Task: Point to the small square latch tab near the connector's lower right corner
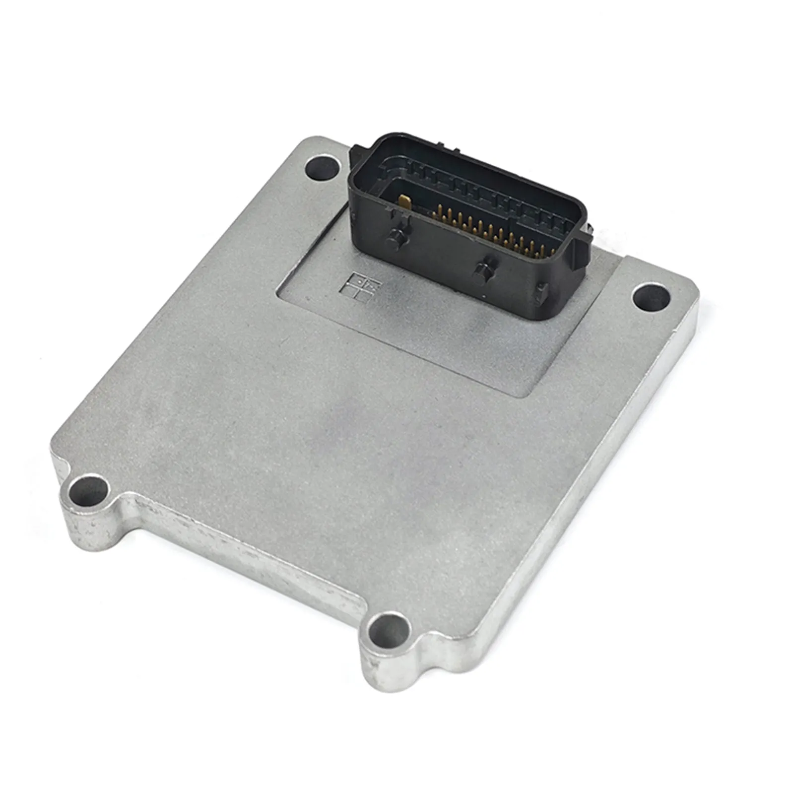542,293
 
